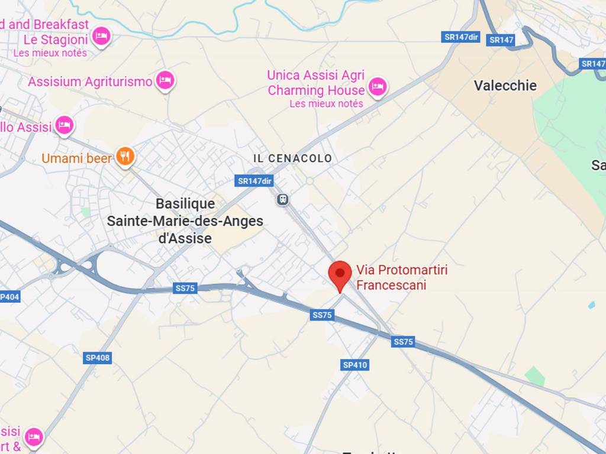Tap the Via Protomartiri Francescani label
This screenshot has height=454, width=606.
[x=401, y=278]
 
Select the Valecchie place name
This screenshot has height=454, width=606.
[x=505, y=86]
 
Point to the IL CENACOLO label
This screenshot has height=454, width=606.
[x=292, y=158]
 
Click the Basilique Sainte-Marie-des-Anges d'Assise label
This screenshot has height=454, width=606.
[x=185, y=221]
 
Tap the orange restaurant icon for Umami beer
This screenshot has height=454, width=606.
[x=125, y=157]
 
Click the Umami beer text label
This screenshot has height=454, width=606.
[x=76, y=158]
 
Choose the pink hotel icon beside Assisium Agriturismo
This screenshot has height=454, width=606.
[x=165, y=80]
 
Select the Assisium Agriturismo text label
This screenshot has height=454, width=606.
[x=90, y=82]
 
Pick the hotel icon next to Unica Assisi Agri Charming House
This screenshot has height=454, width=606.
[x=377, y=87]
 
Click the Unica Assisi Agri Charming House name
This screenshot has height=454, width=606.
[x=316, y=83]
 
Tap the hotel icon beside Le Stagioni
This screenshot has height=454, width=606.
[x=102, y=37]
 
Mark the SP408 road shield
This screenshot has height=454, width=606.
[x=98, y=358]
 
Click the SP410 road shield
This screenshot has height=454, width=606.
[x=355, y=365]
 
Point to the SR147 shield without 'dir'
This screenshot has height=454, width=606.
[x=501, y=40]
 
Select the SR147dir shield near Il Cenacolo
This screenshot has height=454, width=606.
[x=254, y=181]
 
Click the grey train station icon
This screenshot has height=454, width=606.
[x=283, y=200]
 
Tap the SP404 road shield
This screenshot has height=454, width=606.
[x=9, y=297]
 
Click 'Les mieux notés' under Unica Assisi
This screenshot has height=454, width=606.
[x=326, y=104]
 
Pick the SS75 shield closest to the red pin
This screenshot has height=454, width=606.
[x=322, y=315]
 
